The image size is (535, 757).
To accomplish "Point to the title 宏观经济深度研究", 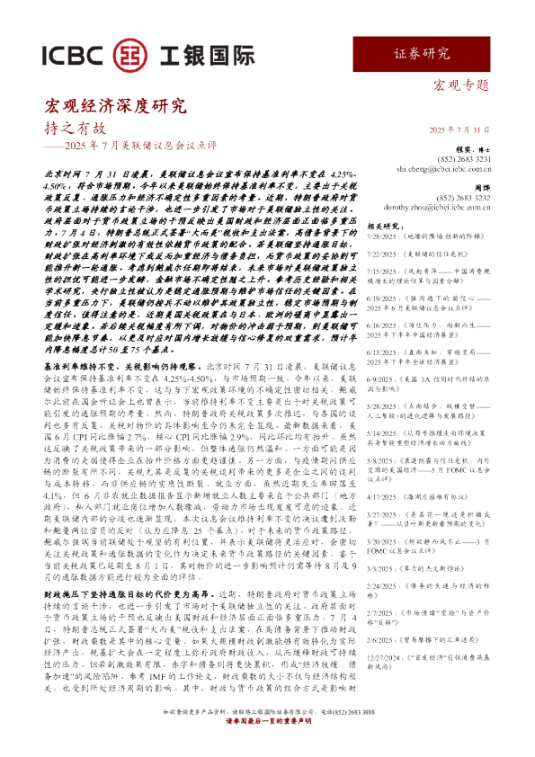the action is [116, 106].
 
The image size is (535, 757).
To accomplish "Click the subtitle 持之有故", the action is [75, 129].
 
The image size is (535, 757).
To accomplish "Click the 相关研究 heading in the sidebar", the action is [414, 226].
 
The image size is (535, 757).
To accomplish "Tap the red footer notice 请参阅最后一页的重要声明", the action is [267, 744].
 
